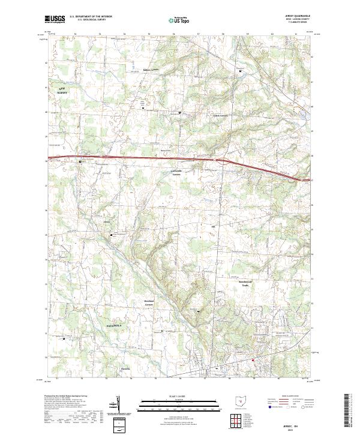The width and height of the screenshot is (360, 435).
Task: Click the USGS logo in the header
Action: coord(55,19)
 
